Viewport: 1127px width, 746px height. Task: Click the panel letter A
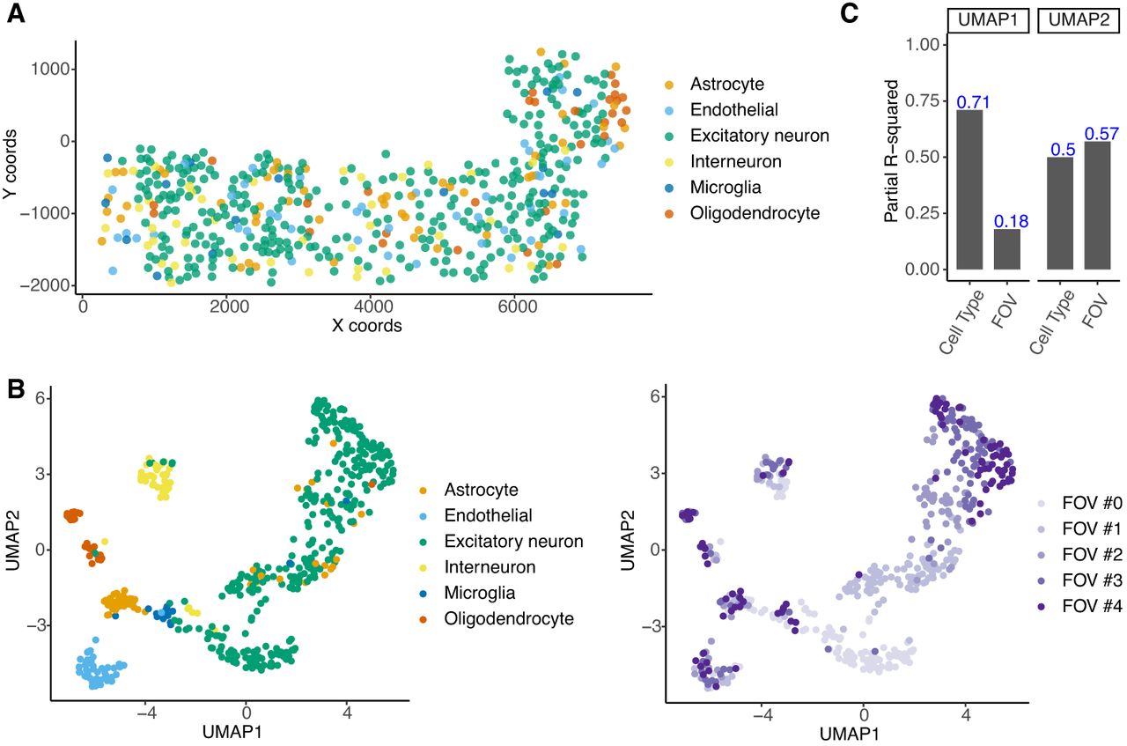click(16, 13)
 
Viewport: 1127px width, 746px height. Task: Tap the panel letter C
click(850, 13)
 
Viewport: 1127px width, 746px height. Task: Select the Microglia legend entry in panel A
click(713, 188)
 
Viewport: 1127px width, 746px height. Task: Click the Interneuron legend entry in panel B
click(477, 567)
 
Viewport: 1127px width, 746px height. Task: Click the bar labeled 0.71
click(969, 189)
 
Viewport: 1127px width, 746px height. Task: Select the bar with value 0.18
click(1007, 249)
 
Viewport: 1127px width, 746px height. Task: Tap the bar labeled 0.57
click(1097, 205)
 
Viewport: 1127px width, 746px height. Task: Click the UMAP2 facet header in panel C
click(1079, 20)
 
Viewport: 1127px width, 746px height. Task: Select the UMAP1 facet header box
click(988, 20)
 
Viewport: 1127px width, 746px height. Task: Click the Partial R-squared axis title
click(891, 151)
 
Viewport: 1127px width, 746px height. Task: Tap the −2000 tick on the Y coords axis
click(44, 285)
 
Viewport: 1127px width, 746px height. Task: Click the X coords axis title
click(367, 326)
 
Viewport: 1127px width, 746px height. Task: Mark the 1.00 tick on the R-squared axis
click(922, 44)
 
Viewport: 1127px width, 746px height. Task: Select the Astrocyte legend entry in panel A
click(714, 84)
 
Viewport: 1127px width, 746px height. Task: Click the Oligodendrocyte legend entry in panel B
click(497, 618)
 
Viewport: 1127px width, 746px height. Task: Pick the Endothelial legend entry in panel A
click(721, 110)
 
